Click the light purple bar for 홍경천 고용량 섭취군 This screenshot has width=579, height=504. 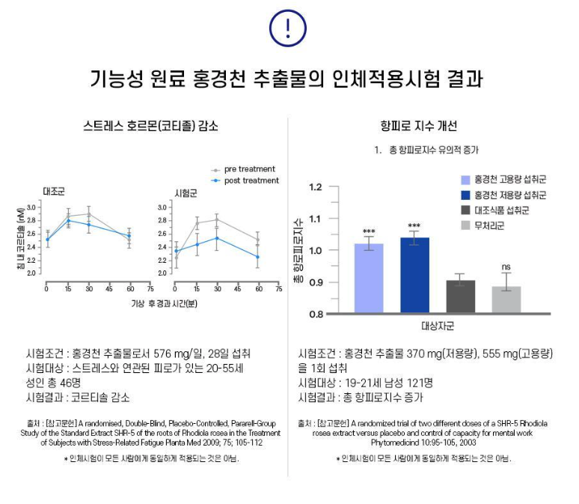[x=369, y=277]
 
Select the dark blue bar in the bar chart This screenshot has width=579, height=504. [x=415, y=275]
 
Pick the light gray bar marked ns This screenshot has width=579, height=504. [x=506, y=300]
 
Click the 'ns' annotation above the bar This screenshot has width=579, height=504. [x=506, y=266]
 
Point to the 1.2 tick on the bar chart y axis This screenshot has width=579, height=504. [x=315, y=188]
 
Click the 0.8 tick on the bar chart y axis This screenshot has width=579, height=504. [x=315, y=314]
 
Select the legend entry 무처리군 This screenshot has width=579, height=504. [x=488, y=225]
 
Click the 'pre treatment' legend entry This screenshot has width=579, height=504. [x=249, y=169]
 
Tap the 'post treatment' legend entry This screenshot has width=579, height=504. [x=251, y=180]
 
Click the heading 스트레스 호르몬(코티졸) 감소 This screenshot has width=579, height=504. [x=151, y=126]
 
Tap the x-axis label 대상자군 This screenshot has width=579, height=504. [x=438, y=327]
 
